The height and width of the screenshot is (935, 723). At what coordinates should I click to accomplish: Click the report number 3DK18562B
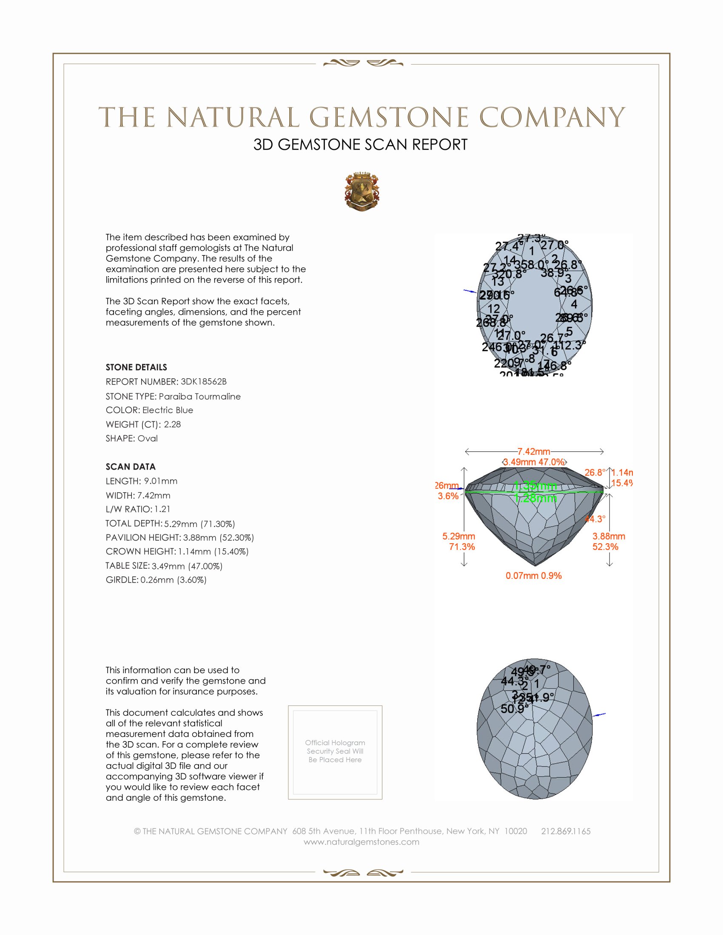[x=203, y=382]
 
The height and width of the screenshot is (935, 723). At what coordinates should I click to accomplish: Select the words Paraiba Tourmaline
[x=199, y=397]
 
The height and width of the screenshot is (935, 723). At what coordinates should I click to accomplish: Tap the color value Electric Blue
[x=168, y=410]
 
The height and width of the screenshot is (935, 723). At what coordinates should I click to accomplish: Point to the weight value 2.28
[x=172, y=424]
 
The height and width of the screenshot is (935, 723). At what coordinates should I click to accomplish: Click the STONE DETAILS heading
[x=136, y=367]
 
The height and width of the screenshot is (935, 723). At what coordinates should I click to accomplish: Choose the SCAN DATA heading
[x=131, y=467]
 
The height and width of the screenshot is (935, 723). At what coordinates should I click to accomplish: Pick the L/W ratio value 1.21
[x=162, y=509]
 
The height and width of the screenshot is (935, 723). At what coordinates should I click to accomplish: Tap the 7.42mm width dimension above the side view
[x=534, y=452]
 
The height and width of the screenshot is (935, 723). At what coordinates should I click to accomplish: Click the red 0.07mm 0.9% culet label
[x=533, y=576]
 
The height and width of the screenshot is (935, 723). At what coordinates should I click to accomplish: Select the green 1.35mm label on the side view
[x=535, y=486]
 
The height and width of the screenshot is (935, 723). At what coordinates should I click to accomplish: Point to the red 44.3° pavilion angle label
[x=595, y=519]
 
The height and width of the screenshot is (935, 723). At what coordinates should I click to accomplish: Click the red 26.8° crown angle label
[x=595, y=473]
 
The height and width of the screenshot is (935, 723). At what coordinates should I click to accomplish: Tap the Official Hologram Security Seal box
[x=335, y=752]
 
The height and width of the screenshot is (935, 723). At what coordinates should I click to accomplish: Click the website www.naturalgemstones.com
[x=361, y=842]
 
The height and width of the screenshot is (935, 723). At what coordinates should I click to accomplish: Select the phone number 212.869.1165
[x=565, y=831]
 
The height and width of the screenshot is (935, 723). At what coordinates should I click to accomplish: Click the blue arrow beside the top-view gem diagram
[x=470, y=292]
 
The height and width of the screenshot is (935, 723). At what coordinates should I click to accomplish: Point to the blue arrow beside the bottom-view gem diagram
[x=599, y=714]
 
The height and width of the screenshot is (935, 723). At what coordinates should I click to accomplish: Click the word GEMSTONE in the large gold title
[x=389, y=118]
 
